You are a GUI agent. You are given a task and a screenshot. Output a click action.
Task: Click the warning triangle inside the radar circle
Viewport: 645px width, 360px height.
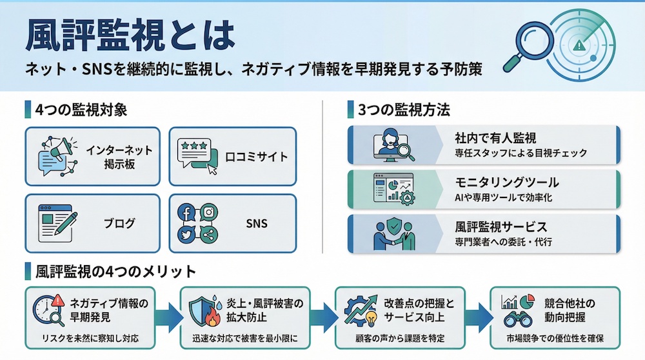pyautogui.click(x=582, y=46)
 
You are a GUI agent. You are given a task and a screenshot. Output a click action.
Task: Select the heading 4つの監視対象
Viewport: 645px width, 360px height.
pyautogui.click(x=81, y=109)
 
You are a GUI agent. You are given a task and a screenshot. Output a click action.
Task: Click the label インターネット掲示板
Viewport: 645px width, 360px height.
pyautogui.click(x=119, y=157)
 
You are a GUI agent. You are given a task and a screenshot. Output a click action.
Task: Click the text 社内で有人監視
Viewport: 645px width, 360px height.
pyautogui.click(x=495, y=138)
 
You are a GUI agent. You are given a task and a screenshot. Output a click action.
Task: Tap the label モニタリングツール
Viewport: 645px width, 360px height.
pyautogui.click(x=507, y=183)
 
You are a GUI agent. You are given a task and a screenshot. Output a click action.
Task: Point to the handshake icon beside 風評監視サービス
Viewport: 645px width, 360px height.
pyautogui.click(x=394, y=234)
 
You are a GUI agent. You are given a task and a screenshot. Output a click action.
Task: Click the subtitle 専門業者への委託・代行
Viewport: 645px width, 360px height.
pyautogui.click(x=503, y=244)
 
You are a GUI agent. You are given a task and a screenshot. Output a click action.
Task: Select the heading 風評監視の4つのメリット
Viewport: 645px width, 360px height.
pyautogui.click(x=116, y=270)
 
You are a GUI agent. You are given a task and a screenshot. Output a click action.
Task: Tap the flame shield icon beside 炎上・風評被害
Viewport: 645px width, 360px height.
pyautogui.click(x=201, y=310)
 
